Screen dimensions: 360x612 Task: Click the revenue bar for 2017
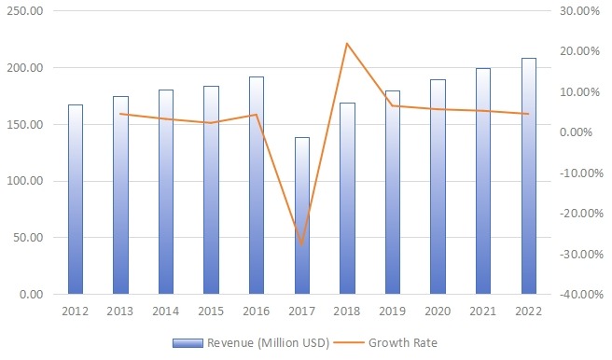pyautogui.click(x=301, y=215)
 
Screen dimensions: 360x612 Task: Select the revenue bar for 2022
pyautogui.click(x=529, y=176)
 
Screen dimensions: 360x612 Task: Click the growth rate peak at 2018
pyautogui.click(x=347, y=43)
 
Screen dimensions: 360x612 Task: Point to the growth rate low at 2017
pyautogui.click(x=301, y=244)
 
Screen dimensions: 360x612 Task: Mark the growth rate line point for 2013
pyautogui.click(x=120, y=114)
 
